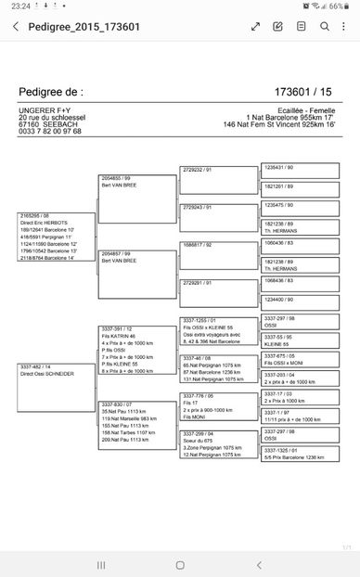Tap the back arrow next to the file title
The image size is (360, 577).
point(15,27)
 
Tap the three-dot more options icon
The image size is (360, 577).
point(342,27)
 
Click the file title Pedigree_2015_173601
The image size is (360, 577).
point(84,27)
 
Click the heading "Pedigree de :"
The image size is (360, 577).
point(50,93)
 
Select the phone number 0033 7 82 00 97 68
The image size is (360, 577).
point(50,131)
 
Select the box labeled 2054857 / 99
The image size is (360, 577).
point(136,274)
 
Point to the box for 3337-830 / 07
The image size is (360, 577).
point(136,425)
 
